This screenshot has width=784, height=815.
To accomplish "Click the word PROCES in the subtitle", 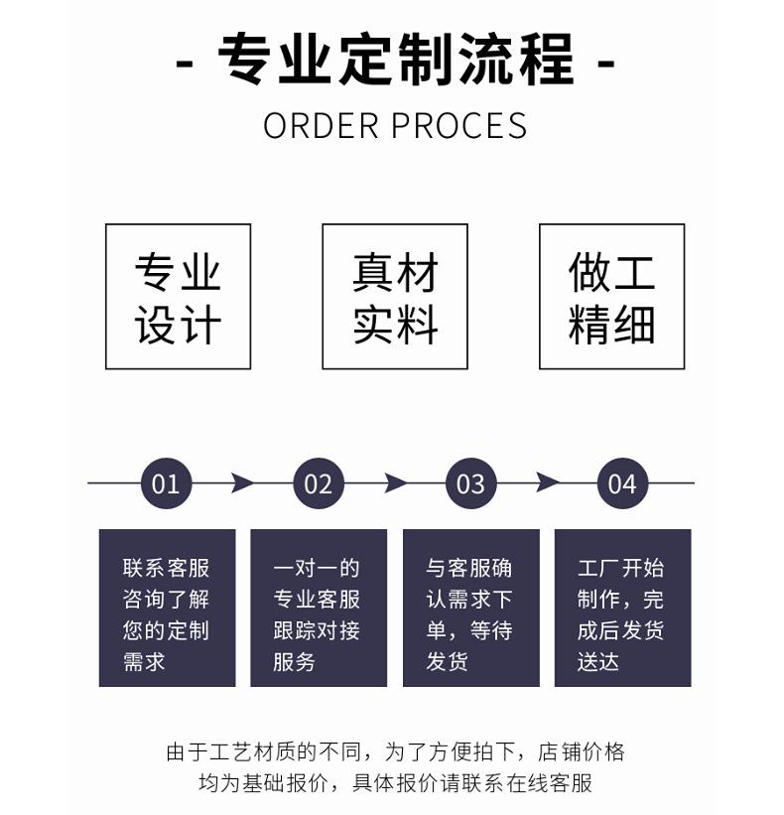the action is tap(458, 126).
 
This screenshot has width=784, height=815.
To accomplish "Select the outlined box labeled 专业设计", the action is tap(178, 297).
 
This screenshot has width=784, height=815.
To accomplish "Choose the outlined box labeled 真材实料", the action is tap(394, 297).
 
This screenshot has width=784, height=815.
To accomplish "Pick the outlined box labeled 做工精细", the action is tap(611, 297).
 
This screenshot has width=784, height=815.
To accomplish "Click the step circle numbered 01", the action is tap(166, 483).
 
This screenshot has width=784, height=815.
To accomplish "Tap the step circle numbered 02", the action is tap(318, 483).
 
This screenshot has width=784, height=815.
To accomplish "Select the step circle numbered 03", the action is tap(470, 483).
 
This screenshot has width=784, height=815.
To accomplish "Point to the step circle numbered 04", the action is tap(622, 483).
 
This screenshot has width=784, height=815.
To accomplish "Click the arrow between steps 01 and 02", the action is tap(241, 483).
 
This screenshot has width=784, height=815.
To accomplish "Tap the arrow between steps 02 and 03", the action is tap(395, 483).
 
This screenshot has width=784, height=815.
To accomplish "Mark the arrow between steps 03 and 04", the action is tap(547, 483).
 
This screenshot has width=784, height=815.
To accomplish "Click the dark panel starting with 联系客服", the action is tap(167, 608).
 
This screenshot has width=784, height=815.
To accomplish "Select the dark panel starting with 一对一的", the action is tap(318, 608).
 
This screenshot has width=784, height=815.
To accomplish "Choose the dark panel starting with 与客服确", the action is tap(470, 608).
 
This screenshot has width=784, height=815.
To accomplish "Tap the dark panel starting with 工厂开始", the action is tap(622, 608).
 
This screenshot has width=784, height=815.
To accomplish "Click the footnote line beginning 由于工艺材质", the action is tap(395, 751).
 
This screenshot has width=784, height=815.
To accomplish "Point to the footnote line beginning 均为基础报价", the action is tap(395, 783).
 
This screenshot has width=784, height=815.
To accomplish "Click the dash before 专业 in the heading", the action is tap(185, 64).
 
